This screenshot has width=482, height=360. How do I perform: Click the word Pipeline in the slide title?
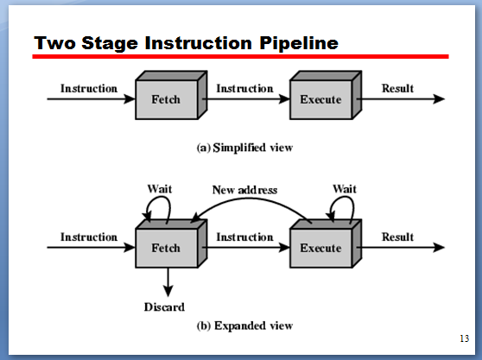coord(299,43)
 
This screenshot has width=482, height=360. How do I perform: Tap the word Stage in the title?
coord(110,44)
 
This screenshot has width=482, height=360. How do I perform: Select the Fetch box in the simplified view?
coord(171,95)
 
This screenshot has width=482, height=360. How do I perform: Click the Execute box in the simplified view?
coord(326,95)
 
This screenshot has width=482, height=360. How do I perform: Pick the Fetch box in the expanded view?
coord(171,243)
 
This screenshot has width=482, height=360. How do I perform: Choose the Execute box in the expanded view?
coord(326,243)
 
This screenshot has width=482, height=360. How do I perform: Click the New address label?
coord(244,190)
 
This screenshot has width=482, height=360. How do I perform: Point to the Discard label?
coord(164,306)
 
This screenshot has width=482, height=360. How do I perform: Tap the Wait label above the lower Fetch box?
coord(160,188)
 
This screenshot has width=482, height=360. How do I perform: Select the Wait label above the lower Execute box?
coord(345,188)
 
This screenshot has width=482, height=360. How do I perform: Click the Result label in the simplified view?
coord(397,88)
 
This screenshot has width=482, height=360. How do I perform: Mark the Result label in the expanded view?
coord(397,237)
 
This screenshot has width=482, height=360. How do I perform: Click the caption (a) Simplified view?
coord(244,148)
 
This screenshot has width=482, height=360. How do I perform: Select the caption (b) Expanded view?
coord(244,325)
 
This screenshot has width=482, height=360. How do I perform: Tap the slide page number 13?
coord(464,338)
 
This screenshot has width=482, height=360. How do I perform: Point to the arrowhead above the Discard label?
coord(168,291)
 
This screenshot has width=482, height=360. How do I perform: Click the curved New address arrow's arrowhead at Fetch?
coord(195,218)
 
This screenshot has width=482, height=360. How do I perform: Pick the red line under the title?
coord(240,56)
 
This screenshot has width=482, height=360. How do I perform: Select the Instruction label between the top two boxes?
coord(244,88)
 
